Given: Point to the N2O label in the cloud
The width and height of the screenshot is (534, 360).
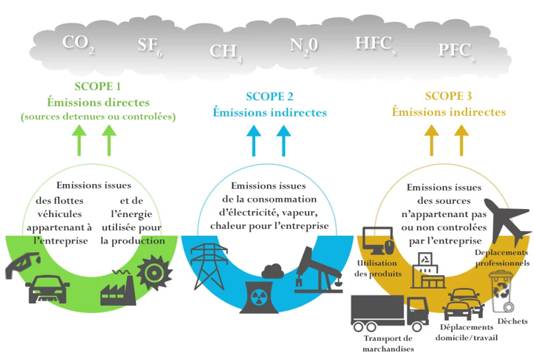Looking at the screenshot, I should click(303, 45).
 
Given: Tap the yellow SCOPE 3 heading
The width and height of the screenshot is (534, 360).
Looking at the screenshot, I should click(449, 96).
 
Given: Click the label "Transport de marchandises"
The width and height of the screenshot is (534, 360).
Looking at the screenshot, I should click(388, 343).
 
